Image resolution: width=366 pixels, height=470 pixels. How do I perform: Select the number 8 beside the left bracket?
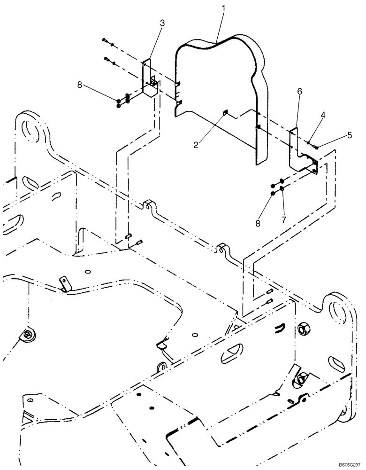(80, 85)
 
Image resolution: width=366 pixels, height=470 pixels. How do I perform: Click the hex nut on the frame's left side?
(29, 334)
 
